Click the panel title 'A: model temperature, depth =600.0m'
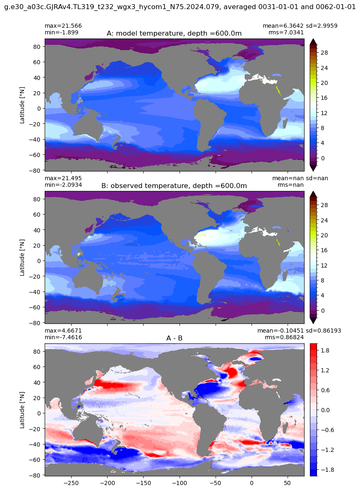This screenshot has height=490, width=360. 174,34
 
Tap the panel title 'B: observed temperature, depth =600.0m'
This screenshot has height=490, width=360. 174,186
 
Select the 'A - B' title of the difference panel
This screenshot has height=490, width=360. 175,338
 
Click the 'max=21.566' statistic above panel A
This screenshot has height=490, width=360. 63,26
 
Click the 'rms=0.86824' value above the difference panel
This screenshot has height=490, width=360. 284,337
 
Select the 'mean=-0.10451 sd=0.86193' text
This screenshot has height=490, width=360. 299,331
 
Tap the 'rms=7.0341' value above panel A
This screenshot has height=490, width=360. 286,32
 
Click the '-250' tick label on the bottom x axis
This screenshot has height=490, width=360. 71,483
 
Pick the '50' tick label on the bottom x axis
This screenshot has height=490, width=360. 288,483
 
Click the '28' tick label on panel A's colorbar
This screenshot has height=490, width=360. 324,53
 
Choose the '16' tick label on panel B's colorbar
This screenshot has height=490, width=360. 324,250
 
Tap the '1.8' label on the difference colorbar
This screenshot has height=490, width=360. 325,351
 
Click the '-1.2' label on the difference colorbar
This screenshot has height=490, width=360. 326,450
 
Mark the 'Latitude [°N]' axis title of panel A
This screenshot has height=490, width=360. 22,105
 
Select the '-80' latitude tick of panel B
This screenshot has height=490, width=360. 36,323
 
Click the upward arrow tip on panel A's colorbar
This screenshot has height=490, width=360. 314,40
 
